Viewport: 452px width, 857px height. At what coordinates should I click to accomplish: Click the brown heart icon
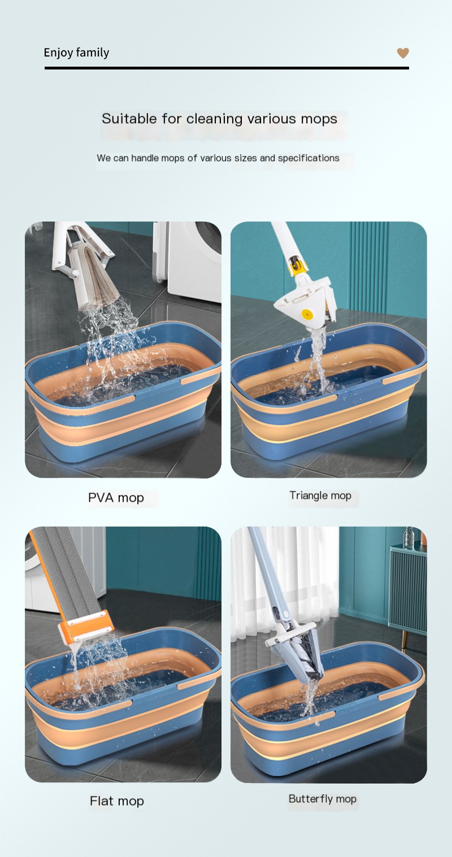[x=403, y=53]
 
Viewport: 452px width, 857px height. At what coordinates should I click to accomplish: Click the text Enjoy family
[x=76, y=53]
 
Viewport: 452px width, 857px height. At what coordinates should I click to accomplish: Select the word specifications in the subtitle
[x=308, y=158]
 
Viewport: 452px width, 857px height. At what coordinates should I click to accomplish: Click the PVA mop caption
[x=116, y=498]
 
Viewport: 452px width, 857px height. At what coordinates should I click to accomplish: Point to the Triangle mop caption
[x=320, y=495]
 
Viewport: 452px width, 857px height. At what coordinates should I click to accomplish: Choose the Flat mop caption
[x=117, y=801]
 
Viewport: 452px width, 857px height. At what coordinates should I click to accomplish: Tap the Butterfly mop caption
[x=323, y=799]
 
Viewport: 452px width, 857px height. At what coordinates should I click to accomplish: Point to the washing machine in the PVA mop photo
[x=189, y=260]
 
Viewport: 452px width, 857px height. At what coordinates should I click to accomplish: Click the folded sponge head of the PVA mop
[x=99, y=277]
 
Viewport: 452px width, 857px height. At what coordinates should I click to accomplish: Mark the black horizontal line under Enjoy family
[x=226, y=68]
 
